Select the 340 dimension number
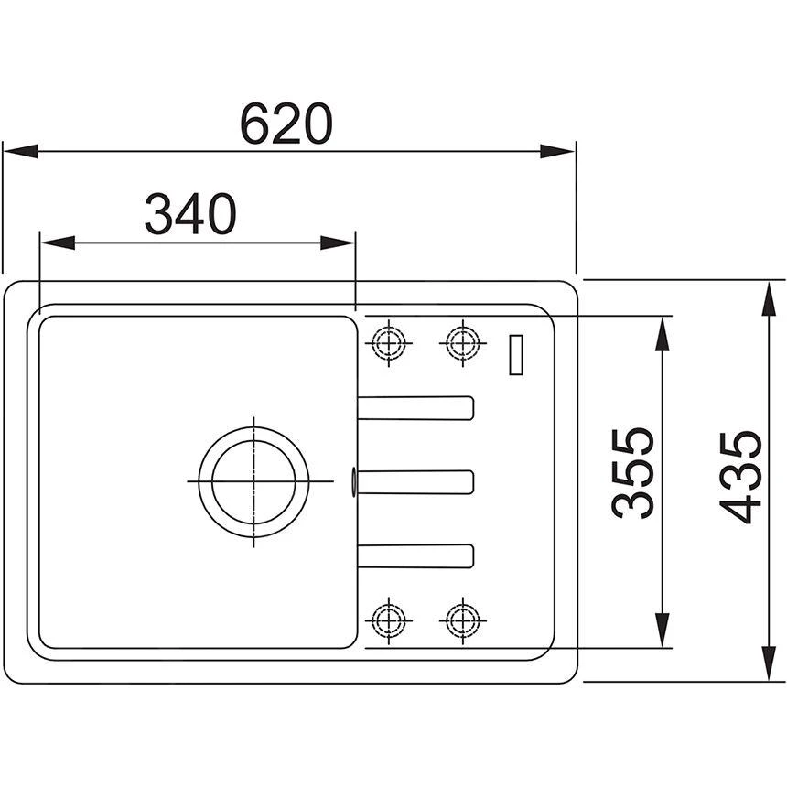click(x=190, y=215)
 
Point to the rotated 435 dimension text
click(x=738, y=476)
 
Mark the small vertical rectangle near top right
click(x=517, y=353)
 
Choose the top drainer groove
click(x=416, y=408)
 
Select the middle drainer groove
click(x=416, y=481)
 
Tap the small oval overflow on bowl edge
click(x=354, y=480)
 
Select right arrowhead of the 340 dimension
click(x=338, y=243)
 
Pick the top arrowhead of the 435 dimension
click(x=767, y=296)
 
